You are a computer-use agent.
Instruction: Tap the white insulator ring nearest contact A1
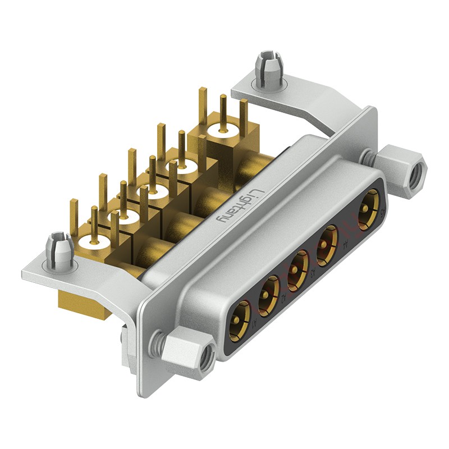[93, 242]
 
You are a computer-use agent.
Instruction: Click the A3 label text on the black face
[312, 273]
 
